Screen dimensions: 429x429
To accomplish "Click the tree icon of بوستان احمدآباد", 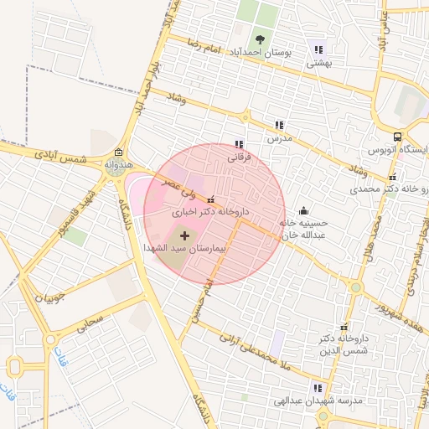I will coord(261,39).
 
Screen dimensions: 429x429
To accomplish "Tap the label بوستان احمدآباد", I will coord(263,52).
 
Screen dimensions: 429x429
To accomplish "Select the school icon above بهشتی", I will coord(317,48).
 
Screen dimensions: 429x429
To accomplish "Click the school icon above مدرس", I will coord(279,124).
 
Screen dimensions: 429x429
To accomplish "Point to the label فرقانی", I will coord(240,156).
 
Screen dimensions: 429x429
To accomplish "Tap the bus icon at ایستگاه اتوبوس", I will coord(396,137).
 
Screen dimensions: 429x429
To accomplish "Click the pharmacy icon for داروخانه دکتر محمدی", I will coord(393,177).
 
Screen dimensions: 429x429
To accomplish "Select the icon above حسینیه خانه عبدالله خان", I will coord(302,211).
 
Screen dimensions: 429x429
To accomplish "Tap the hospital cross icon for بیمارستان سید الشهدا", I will coord(184,236).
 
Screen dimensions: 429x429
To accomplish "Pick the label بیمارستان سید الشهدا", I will coord(185,249).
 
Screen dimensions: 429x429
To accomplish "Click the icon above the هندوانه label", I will coord(117,152).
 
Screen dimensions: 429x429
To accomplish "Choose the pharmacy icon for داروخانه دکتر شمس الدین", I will coord(343,327).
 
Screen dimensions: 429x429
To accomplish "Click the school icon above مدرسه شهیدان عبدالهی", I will coord(317,388).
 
